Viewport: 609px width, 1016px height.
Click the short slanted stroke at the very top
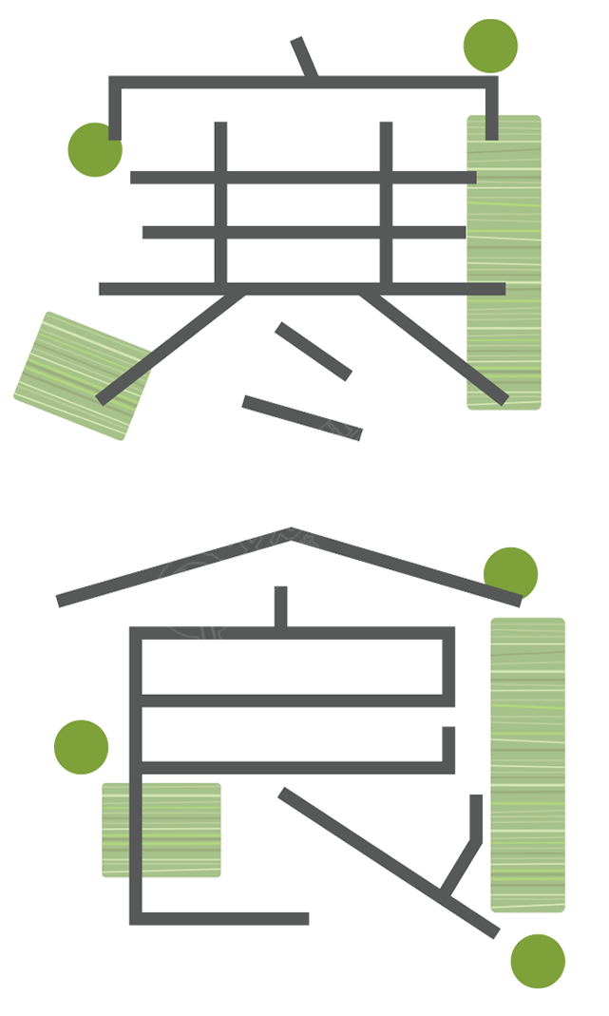tap(304, 57)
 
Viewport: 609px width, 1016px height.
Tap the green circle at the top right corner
tap(490, 46)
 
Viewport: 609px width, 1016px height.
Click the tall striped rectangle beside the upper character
tap(504, 262)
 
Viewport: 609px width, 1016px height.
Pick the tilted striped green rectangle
tap(83, 375)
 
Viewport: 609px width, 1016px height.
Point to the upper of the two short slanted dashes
tap(314, 352)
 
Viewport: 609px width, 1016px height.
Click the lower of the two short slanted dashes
tap(302, 418)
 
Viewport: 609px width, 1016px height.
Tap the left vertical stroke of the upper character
tap(221, 204)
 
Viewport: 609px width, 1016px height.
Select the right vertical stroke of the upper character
tap(386, 204)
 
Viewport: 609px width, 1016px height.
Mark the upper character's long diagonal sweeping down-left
tap(170, 349)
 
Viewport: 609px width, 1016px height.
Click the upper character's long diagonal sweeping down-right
tap(433, 349)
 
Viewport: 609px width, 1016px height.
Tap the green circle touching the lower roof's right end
tap(511, 573)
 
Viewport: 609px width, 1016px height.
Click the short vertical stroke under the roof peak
tap(280, 607)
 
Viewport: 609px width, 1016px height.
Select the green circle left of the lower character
tap(81, 747)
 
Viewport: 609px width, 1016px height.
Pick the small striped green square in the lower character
tap(162, 830)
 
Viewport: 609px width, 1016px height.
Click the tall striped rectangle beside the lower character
tap(528, 765)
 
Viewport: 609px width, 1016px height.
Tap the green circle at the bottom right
tap(538, 961)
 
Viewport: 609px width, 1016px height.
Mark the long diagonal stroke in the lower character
tap(389, 862)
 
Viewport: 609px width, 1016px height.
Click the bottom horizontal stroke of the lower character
tap(220, 918)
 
